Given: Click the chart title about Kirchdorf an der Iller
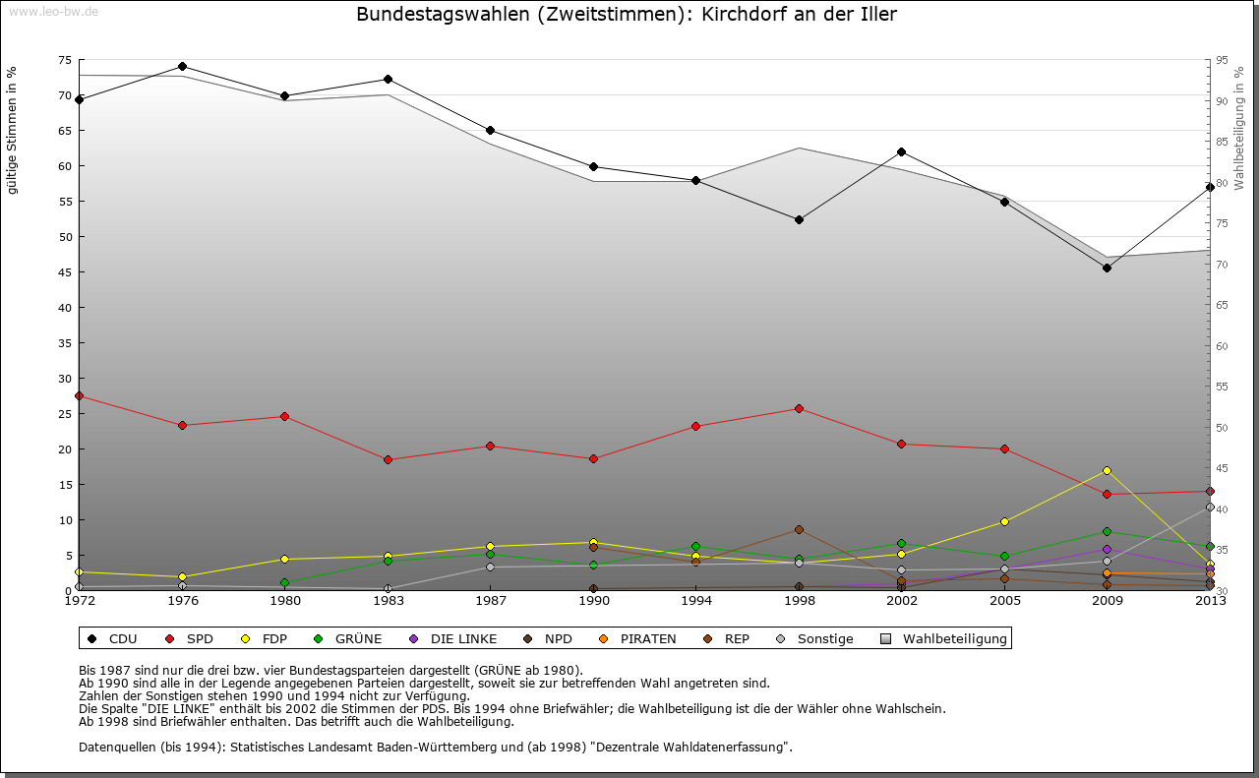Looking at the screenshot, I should coord(627,15).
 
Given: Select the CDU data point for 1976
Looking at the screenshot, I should coord(182,67).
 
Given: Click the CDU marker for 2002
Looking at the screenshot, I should coord(901,151).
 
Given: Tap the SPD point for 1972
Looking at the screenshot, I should coord(79,395).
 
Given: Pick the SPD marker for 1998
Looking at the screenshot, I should coord(799,408).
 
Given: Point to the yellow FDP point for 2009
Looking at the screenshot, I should coord(1107,470).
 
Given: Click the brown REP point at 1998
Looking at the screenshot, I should coord(799,529).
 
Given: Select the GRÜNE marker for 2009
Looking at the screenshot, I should coord(1107,531).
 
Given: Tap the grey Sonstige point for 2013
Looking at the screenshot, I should coord(1210,508).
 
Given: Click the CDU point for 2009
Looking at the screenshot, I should coord(1107,268).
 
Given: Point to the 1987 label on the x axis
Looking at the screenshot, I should coord(490,601).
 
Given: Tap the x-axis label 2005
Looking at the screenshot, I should coord(1004,601).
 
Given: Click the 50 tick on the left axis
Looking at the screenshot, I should coord(65,237).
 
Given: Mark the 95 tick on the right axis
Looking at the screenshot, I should coord(1222,60).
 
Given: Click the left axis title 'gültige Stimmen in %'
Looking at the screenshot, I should coord(13,131).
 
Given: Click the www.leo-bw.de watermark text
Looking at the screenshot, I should coord(53,12).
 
